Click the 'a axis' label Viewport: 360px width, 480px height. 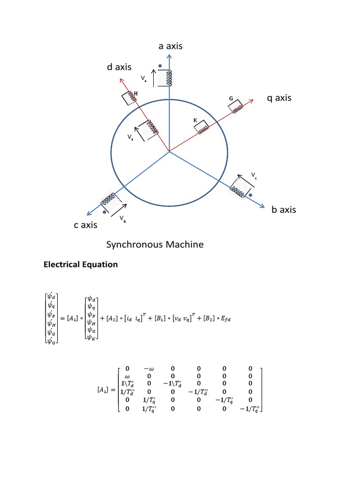click(x=170, y=46)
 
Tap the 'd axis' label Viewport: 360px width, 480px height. click(x=119, y=68)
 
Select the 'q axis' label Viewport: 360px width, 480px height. click(x=279, y=98)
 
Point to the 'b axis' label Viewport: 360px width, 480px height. click(x=284, y=210)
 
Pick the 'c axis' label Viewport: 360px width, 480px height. click(x=85, y=225)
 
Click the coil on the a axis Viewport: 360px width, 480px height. click(x=166, y=78)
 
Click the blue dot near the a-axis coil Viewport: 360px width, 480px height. click(x=160, y=66)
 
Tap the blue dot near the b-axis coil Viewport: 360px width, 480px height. click(x=251, y=195)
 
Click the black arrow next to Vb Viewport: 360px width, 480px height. click(x=119, y=209)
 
